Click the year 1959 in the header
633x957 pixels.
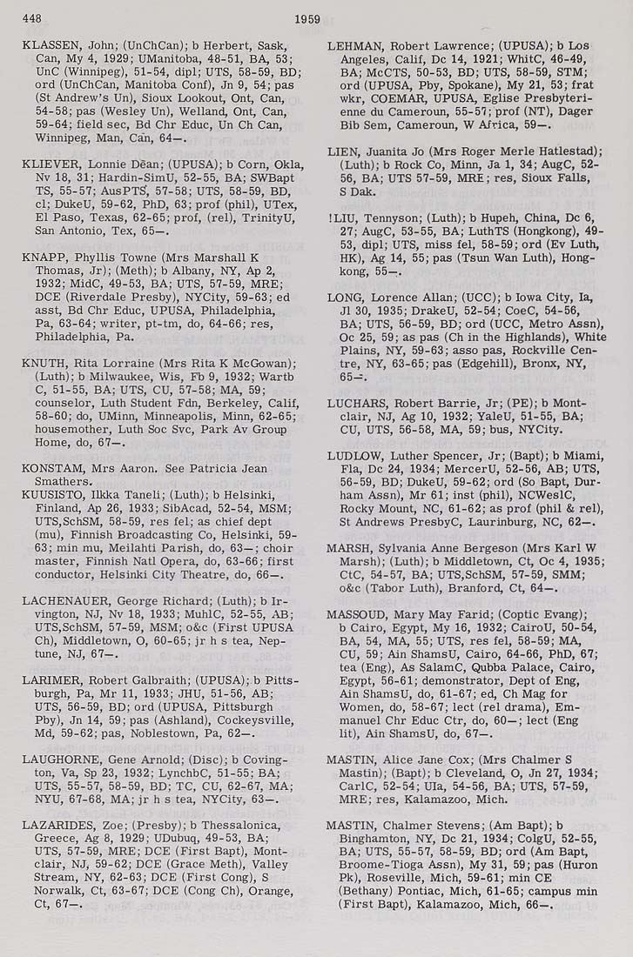(307, 18)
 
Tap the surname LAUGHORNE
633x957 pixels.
(57, 759)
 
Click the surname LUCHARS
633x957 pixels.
(355, 403)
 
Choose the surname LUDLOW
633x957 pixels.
(353, 456)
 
